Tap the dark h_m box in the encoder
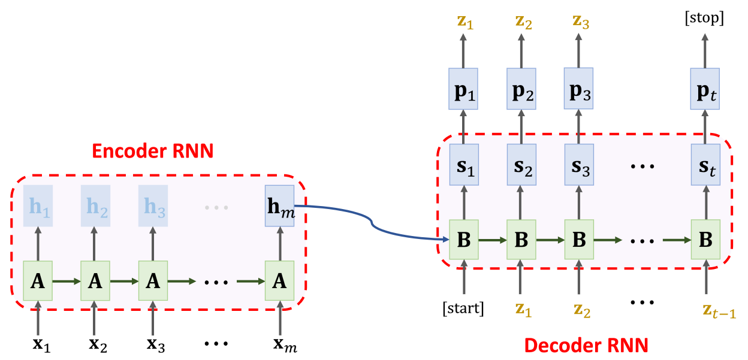279,207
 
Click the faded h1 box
38,206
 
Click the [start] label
463,309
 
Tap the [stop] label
704,19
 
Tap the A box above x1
38,280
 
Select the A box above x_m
280,280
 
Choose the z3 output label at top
578,22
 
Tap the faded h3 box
153,206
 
